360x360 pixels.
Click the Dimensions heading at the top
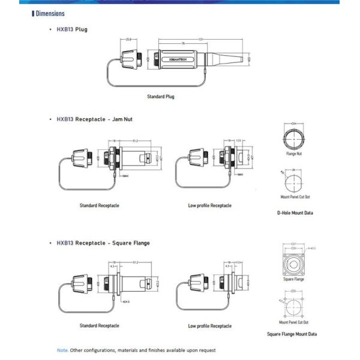coord(49,13)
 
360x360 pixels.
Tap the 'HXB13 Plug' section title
coord(71,29)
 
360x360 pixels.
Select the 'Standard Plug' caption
coord(161,96)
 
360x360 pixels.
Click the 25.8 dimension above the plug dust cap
coord(129,40)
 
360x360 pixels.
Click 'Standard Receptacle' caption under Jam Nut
coord(100,205)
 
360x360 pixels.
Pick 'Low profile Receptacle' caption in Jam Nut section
coord(209,205)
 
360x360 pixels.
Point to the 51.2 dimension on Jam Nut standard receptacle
coord(136,142)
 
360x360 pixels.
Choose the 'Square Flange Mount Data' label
coord(292,334)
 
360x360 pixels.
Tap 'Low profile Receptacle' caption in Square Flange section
coord(209,326)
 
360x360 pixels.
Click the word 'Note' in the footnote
coord(62,350)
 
